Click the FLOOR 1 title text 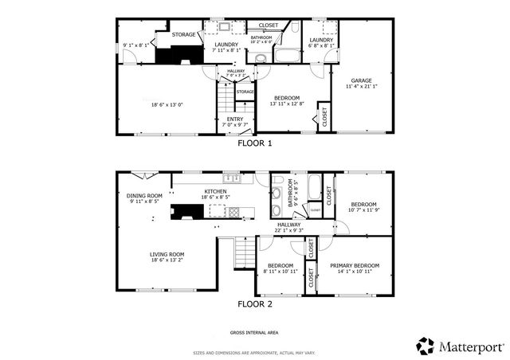point(255,144)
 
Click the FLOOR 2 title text point(255,303)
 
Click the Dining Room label point(144,196)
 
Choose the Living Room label point(167,254)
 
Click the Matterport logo point(460,346)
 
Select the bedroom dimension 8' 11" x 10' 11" point(280,272)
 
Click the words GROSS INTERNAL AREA point(254,332)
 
